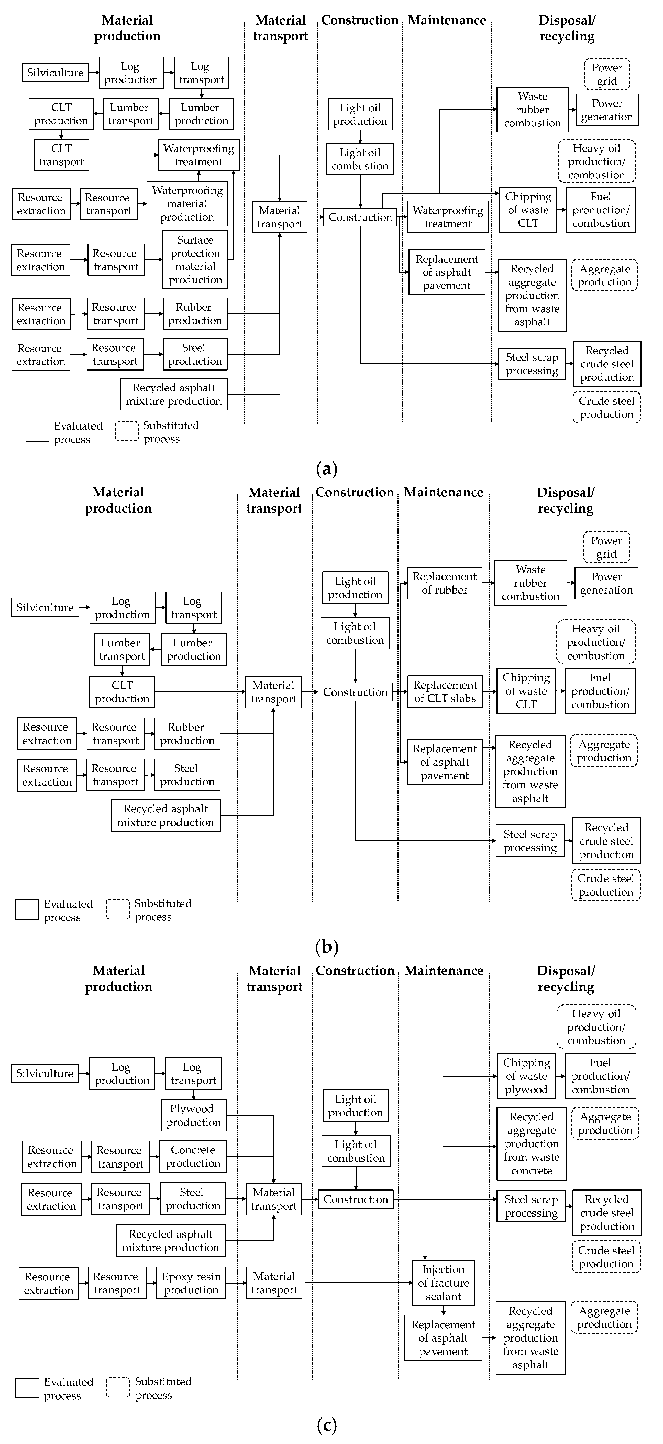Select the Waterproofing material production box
point(187,203)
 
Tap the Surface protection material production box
point(195,260)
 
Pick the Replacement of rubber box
point(444,583)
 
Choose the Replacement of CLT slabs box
point(445,692)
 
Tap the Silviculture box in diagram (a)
point(55,72)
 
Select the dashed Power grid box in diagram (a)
point(607,74)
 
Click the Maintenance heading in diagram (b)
point(443,492)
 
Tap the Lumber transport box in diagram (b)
point(122,649)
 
